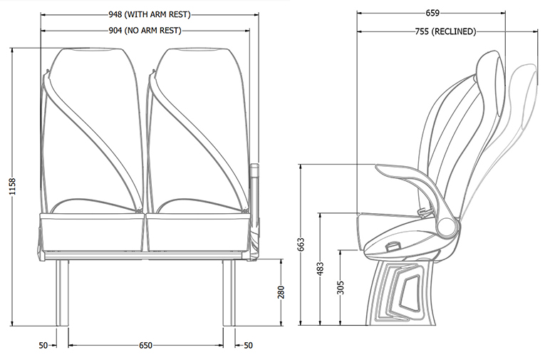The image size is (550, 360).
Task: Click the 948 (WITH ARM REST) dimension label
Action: point(150,14)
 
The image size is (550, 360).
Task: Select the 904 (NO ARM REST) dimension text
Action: point(145,30)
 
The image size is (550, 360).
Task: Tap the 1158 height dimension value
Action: point(13,187)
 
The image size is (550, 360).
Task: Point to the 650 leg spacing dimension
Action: point(145,345)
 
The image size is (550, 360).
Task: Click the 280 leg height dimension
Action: point(281,292)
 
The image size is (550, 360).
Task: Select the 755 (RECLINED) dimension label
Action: point(445,31)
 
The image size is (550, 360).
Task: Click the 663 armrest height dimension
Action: point(301,245)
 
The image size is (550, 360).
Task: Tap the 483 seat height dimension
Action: point(320,268)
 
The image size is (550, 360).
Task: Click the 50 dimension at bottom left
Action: point(43,345)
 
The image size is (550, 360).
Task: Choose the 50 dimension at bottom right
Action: point(248,345)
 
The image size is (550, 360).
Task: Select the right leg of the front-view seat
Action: point(229,292)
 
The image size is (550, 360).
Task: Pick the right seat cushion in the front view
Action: point(197,232)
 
